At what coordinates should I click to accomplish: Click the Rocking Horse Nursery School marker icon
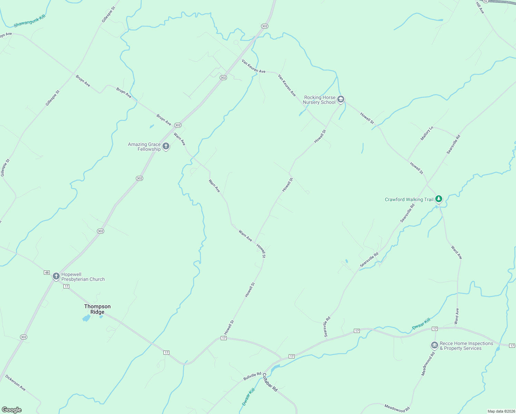pyautogui.click(x=340, y=99)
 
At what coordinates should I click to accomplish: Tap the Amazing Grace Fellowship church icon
pyautogui.click(x=166, y=146)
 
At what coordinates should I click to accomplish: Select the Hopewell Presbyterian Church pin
pyautogui.click(x=56, y=276)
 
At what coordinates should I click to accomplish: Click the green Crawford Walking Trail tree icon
pyautogui.click(x=438, y=199)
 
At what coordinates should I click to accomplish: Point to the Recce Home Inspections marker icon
pyautogui.click(x=434, y=345)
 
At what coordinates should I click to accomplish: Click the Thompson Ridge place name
pyautogui.click(x=97, y=309)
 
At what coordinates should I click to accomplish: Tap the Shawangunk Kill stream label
pyautogui.click(x=30, y=21)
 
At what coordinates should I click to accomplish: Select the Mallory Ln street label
pyautogui.click(x=426, y=134)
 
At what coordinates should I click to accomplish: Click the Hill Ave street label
pyautogui.click(x=480, y=8)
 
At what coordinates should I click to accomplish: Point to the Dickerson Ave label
pyautogui.click(x=16, y=383)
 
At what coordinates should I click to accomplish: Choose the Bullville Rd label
pyautogui.click(x=252, y=376)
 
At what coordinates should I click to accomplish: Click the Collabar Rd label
pyautogui.click(x=270, y=382)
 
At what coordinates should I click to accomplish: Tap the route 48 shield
pyautogui.click(x=47, y=273)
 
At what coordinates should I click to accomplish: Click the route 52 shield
pyautogui.click(x=486, y=1)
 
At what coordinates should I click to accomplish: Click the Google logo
pyautogui.click(x=11, y=410)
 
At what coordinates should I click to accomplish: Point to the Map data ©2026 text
pyautogui.click(x=501, y=411)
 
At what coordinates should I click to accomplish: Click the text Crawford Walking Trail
pyautogui.click(x=409, y=199)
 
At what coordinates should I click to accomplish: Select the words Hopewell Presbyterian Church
pyautogui.click(x=83, y=277)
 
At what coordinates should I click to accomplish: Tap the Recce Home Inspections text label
pyautogui.click(x=466, y=346)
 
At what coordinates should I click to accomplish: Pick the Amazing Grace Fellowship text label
pyautogui.click(x=145, y=147)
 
